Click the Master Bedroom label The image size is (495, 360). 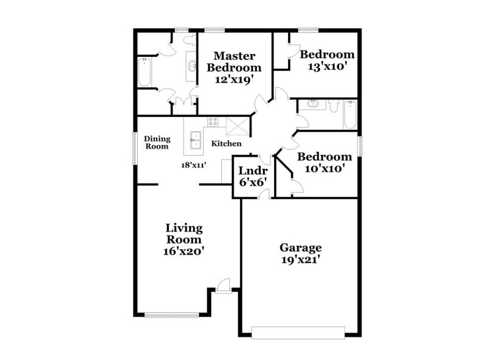234,62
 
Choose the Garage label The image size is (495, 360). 300,247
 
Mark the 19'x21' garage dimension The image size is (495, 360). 300,260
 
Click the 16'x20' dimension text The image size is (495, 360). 184,250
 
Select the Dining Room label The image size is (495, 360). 156,142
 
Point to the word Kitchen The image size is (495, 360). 226,144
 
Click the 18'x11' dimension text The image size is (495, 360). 192,165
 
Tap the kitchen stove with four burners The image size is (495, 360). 213,121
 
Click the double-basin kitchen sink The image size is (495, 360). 195,141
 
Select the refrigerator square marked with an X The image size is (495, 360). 234,125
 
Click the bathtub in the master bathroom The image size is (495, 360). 144,72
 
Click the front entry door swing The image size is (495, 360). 224,284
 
